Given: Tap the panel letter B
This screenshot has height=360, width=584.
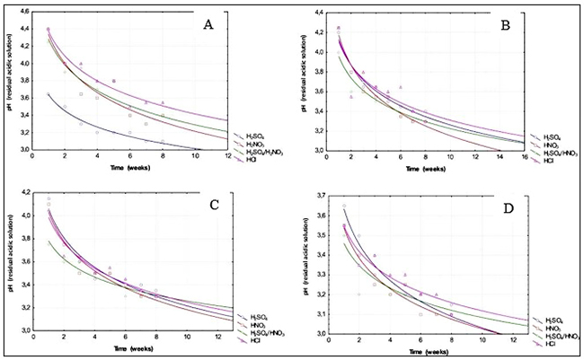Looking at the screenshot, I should [504, 26].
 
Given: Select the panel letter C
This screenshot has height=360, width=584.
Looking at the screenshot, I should [215, 204].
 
